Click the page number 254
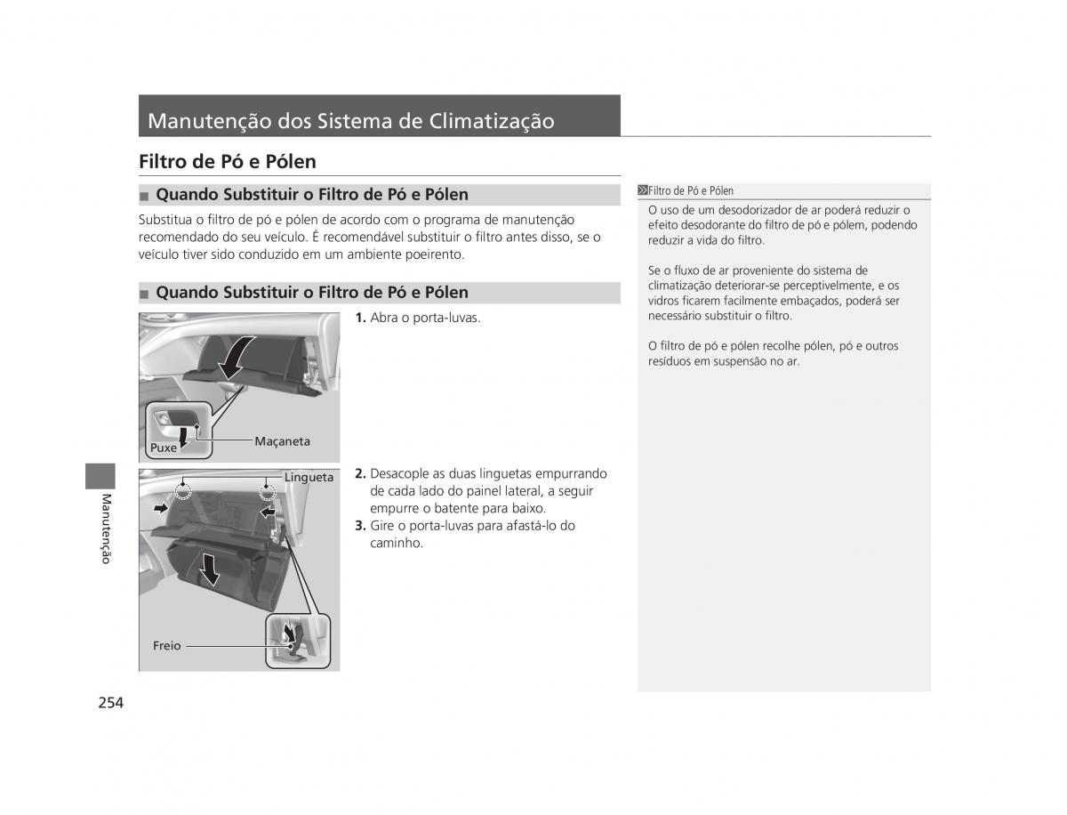(x=111, y=703)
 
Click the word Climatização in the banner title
(x=492, y=122)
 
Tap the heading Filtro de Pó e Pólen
(x=228, y=161)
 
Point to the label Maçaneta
(x=282, y=441)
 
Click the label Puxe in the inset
(x=164, y=448)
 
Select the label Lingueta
(x=309, y=477)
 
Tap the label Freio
(x=167, y=645)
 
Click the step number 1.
(x=360, y=318)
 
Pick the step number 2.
(x=360, y=473)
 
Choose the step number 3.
(x=360, y=526)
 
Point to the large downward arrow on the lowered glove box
(x=210, y=569)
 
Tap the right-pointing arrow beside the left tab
(x=160, y=509)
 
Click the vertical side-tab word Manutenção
(x=106, y=529)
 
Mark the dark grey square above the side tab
(x=100, y=476)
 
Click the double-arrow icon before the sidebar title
(x=643, y=190)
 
